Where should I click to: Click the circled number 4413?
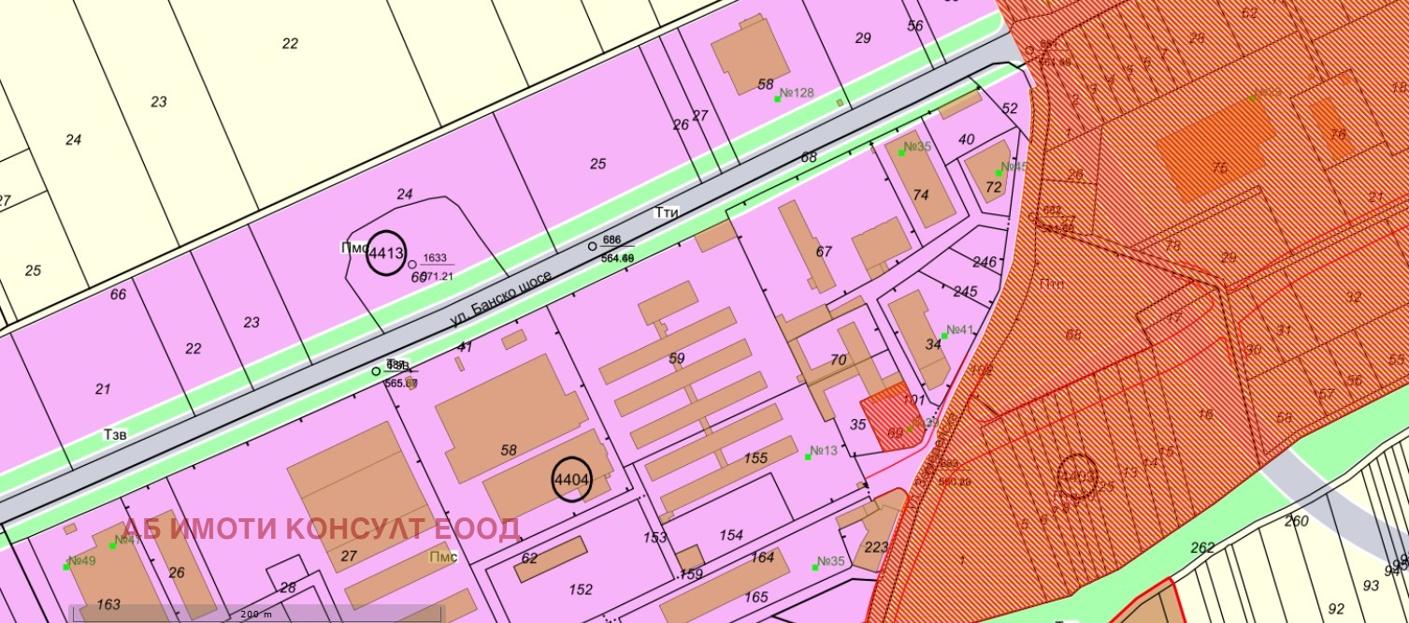tap(385, 253)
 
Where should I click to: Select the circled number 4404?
tap(571, 480)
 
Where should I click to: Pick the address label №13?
tap(823, 451)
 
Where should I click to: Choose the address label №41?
tap(960, 330)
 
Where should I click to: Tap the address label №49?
tap(82, 561)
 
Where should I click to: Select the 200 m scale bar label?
tap(255, 615)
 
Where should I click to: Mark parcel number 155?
tap(755, 458)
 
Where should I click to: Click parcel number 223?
tap(877, 547)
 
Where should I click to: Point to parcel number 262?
tap(1202, 548)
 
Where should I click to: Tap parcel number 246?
tap(985, 262)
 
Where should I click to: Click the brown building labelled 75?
tap(1217, 168)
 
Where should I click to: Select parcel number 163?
tap(108, 604)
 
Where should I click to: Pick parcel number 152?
tap(581, 589)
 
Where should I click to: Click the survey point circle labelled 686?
tap(591, 246)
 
